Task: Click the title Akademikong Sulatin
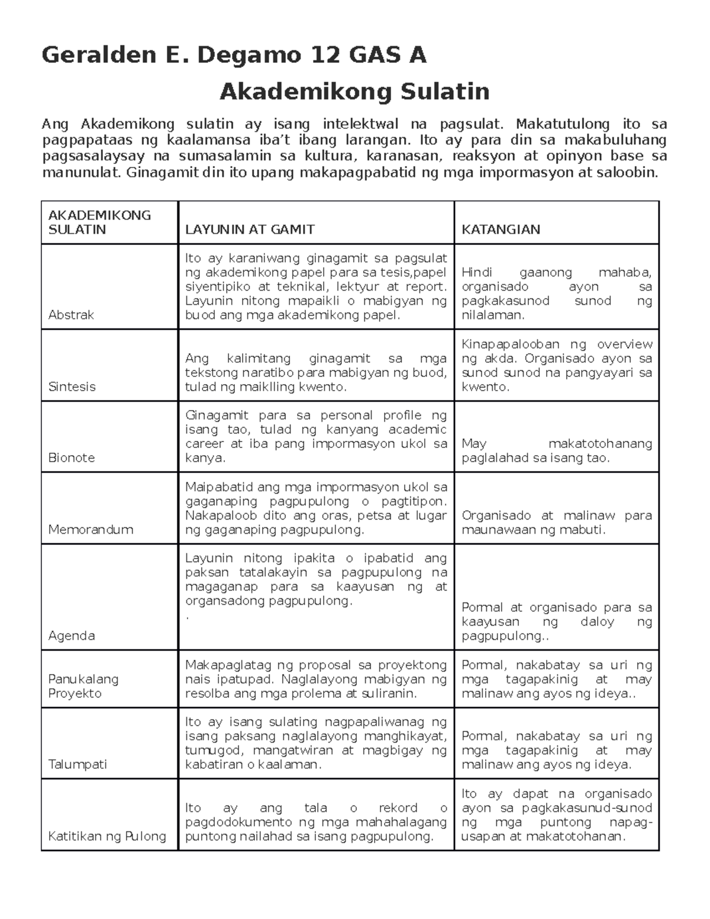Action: pyautogui.click(x=354, y=92)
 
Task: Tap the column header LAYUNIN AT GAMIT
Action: pyautogui.click(x=250, y=230)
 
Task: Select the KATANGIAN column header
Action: pyautogui.click(x=501, y=230)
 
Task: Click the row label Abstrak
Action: pyautogui.click(x=71, y=315)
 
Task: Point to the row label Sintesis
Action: pyautogui.click(x=72, y=386)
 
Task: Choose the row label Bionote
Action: pyautogui.click(x=72, y=457)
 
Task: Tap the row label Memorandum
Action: pyautogui.click(x=91, y=529)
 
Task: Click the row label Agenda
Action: pyautogui.click(x=72, y=636)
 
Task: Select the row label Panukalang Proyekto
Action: pyautogui.click(x=83, y=686)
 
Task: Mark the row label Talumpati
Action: pyautogui.click(x=78, y=764)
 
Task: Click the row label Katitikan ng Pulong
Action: pyautogui.click(x=107, y=836)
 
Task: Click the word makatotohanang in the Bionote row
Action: pyautogui.click(x=600, y=444)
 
